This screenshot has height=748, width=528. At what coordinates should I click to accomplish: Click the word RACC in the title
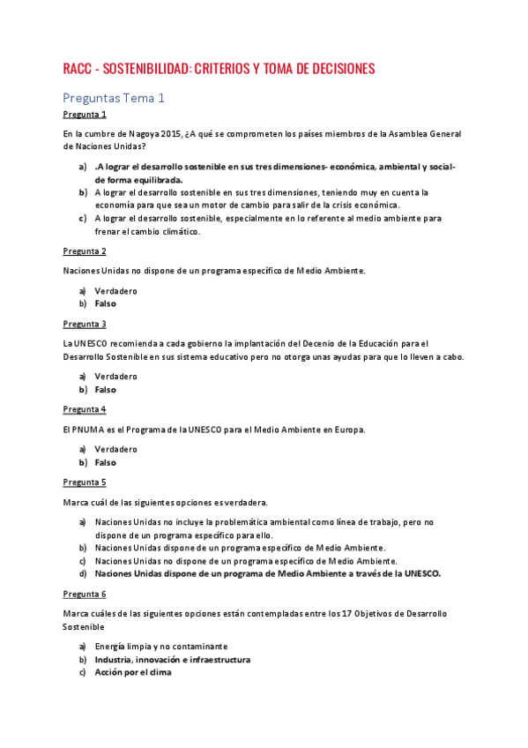click(x=79, y=69)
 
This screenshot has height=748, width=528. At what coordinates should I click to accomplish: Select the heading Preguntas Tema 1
click(x=114, y=98)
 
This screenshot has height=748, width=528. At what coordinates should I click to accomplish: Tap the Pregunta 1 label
click(x=85, y=115)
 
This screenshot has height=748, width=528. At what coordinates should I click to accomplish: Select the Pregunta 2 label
click(x=85, y=251)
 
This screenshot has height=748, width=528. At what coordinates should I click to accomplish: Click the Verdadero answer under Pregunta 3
click(x=115, y=377)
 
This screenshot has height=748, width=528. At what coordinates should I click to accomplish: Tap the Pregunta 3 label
click(x=85, y=324)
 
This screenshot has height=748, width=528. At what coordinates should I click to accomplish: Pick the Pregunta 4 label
click(x=85, y=409)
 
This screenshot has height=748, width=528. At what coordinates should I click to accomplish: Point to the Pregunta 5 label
click(x=85, y=482)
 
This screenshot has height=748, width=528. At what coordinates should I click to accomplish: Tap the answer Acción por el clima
click(x=133, y=672)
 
